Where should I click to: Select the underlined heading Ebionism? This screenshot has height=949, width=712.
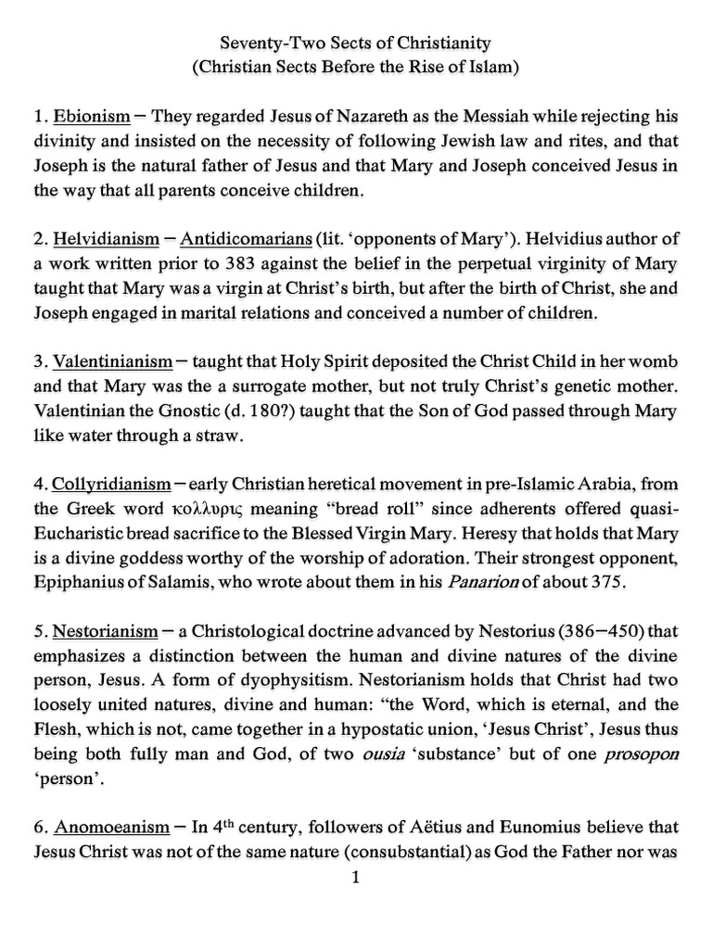92,118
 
